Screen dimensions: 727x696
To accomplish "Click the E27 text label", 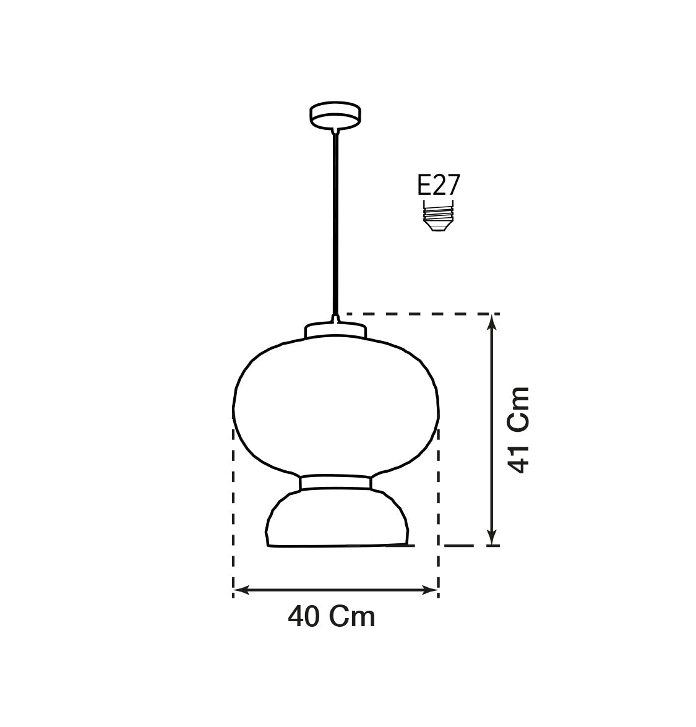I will point(439,186).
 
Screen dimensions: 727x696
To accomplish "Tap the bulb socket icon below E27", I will point(439,218).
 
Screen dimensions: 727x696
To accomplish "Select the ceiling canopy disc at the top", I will point(335,115).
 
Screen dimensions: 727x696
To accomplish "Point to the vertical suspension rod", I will point(335,223).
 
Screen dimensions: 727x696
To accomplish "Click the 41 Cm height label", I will point(518,430).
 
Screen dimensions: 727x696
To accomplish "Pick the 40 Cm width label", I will point(332,617).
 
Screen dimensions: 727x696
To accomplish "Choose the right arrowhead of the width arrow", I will point(431,590).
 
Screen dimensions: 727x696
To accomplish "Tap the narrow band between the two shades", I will point(335,483).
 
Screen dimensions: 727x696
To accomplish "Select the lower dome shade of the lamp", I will point(337,520).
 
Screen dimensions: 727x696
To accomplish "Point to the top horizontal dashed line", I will point(421,314).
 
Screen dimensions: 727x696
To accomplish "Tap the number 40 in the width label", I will point(303,617).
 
